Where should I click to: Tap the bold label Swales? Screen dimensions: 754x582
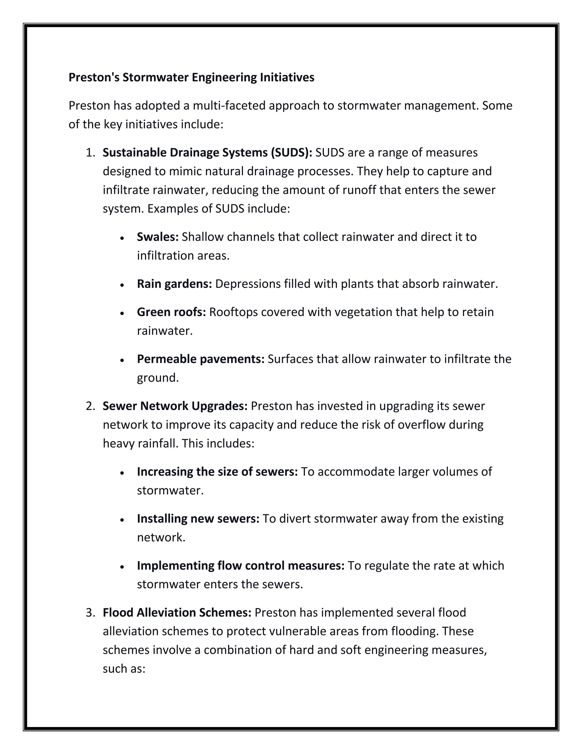[157, 237]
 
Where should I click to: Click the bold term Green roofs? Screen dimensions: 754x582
[171, 312]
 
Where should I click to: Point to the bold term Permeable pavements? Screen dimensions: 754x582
[200, 359]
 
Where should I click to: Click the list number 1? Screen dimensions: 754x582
[90, 153]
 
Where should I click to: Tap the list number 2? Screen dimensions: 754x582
[90, 406]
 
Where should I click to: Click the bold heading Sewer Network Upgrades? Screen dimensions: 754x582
[175, 406]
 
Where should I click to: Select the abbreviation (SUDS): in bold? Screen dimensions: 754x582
[291, 153]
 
